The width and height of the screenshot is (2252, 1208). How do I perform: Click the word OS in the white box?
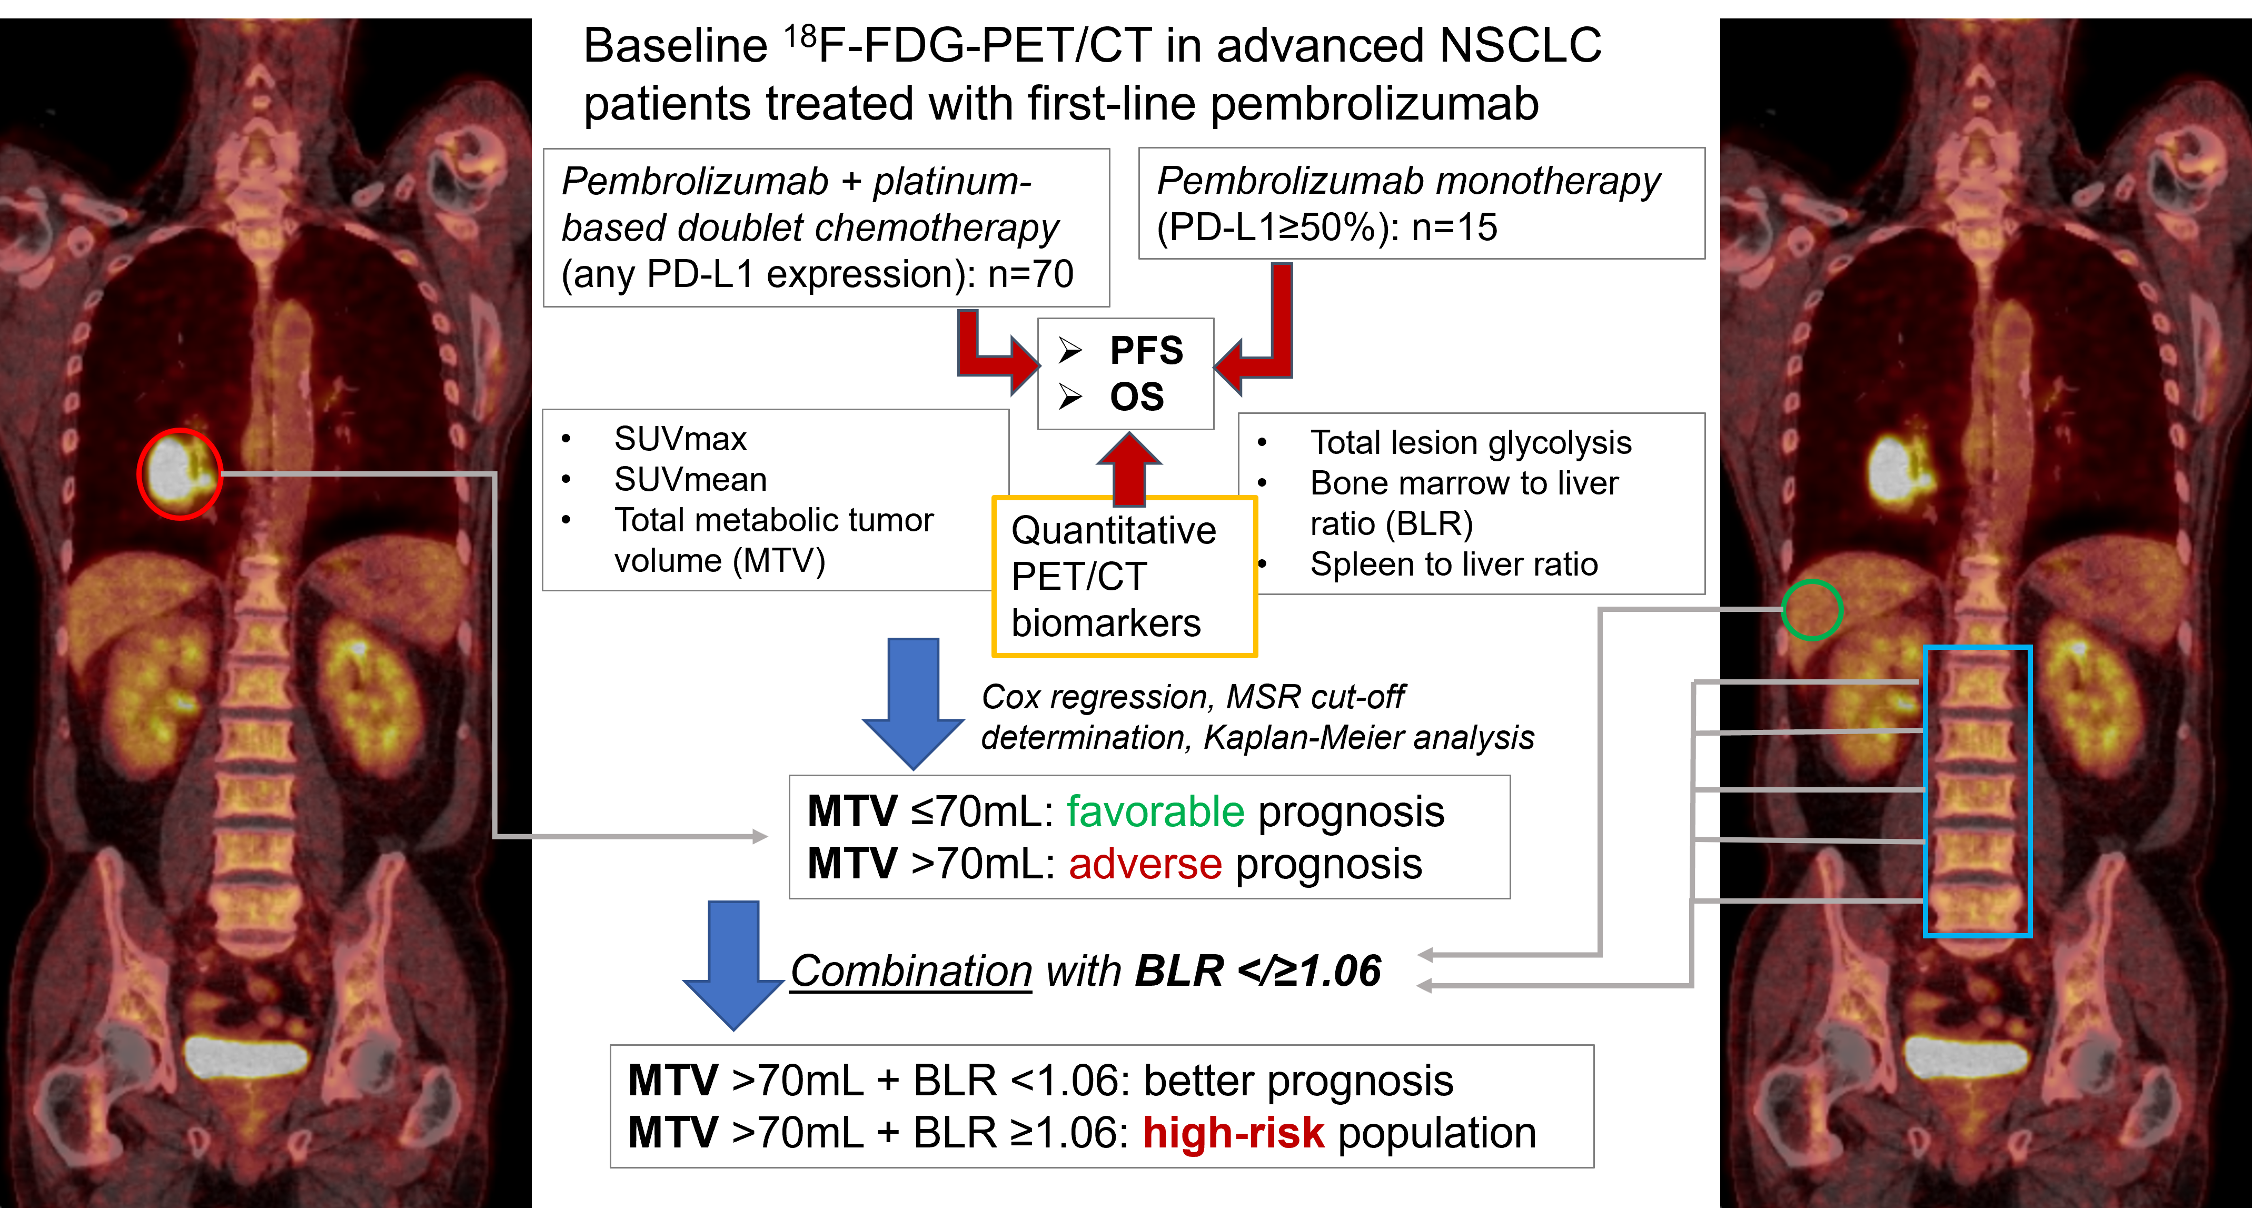click(1136, 397)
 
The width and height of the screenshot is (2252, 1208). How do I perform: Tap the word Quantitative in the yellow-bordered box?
click(1113, 531)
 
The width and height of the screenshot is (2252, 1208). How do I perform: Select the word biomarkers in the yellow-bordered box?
click(1105, 623)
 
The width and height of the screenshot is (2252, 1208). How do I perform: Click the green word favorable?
click(1155, 812)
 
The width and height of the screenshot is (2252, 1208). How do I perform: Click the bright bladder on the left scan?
click(246, 1056)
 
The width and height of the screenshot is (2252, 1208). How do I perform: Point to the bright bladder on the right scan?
click(1965, 1056)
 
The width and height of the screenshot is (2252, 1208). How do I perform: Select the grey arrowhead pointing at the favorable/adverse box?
click(760, 837)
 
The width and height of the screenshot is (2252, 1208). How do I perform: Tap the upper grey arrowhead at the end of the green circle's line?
click(1425, 955)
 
